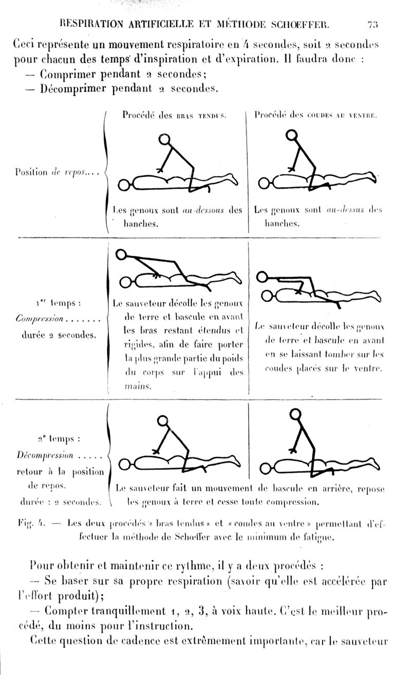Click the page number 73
373,24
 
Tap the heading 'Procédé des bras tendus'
174,116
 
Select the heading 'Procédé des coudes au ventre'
316,116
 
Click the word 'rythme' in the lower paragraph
192,568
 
